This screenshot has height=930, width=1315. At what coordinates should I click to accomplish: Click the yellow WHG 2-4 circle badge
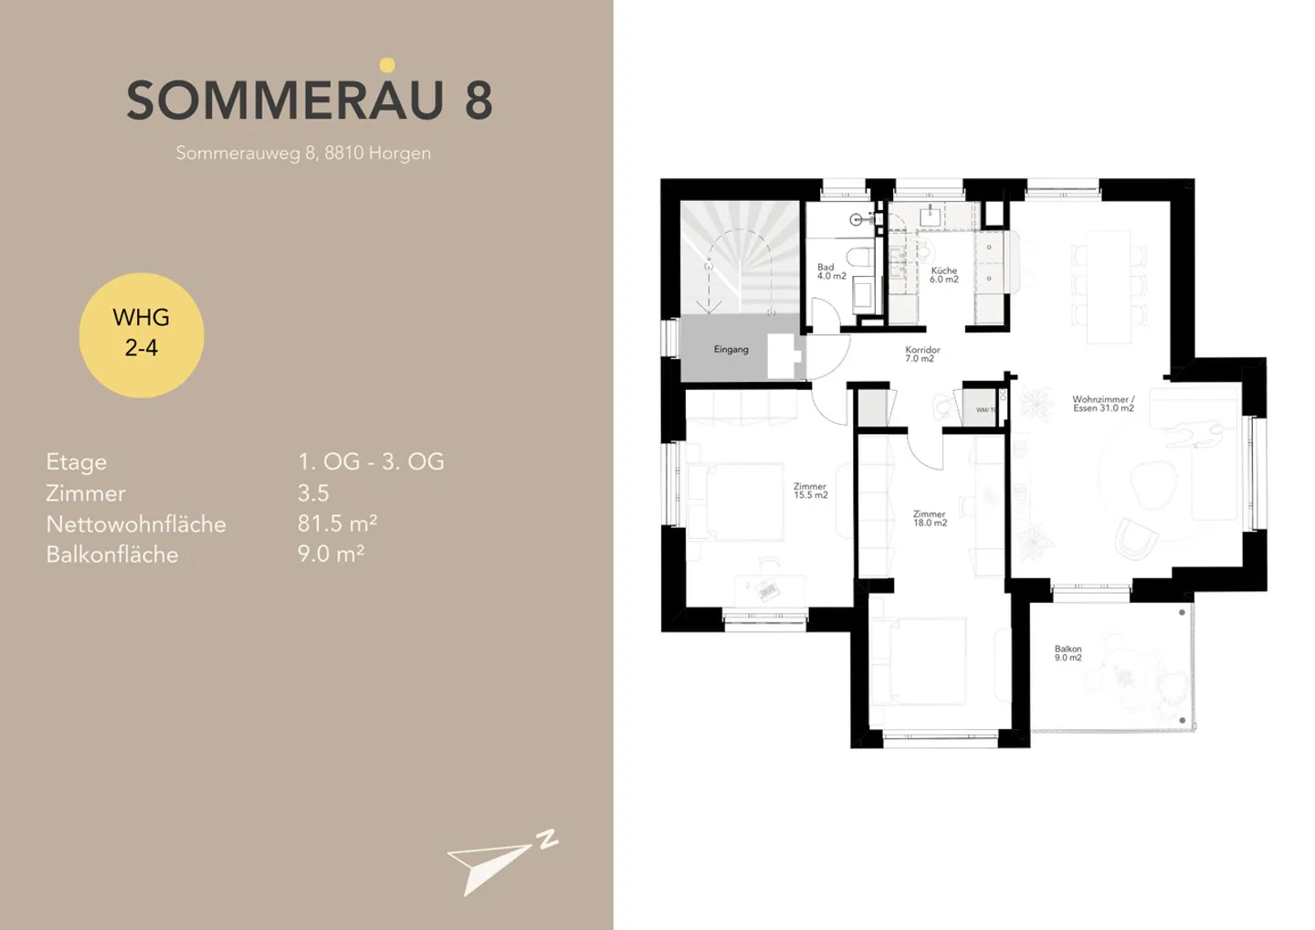pyautogui.click(x=142, y=334)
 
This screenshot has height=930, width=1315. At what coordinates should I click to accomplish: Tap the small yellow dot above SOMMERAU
pyautogui.click(x=387, y=65)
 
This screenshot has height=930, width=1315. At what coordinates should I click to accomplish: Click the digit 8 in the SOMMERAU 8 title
pyautogui.click(x=479, y=100)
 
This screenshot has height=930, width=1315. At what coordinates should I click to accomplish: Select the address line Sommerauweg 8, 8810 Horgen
pyautogui.click(x=303, y=153)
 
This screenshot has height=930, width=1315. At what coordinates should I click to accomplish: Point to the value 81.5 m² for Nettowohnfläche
pyautogui.click(x=337, y=523)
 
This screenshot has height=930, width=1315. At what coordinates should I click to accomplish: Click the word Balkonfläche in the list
pyautogui.click(x=112, y=555)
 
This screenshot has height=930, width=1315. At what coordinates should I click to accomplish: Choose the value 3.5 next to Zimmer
pyautogui.click(x=313, y=493)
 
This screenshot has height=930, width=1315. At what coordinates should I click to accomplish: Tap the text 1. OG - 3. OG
pyautogui.click(x=371, y=461)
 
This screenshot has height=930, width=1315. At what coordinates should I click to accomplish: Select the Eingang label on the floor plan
pyautogui.click(x=731, y=350)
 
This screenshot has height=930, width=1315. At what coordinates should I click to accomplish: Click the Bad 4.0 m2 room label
pyautogui.click(x=831, y=272)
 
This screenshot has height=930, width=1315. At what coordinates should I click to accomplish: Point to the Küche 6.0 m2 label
pyautogui.click(x=943, y=275)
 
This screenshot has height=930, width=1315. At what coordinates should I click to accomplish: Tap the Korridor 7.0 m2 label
pyautogui.click(x=922, y=354)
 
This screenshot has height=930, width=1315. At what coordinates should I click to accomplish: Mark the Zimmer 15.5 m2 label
pyautogui.click(x=810, y=491)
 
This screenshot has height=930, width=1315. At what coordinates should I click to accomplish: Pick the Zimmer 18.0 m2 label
pyautogui.click(x=930, y=519)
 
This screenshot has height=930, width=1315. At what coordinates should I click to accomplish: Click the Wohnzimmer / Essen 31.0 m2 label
pyautogui.click(x=1103, y=404)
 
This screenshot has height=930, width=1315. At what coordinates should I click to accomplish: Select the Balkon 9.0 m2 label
pyautogui.click(x=1068, y=653)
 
